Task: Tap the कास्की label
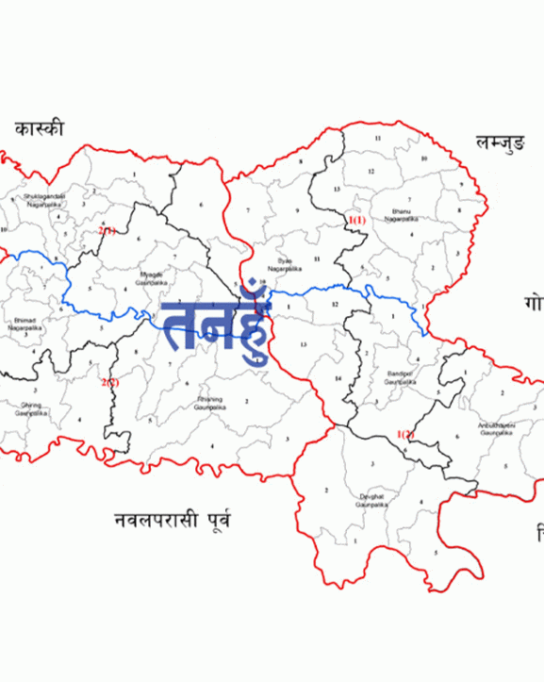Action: click(39, 128)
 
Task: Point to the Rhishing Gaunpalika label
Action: click(208, 403)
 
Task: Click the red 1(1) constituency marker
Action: click(356, 220)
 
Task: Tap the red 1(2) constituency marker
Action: click(406, 434)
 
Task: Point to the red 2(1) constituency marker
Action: click(107, 230)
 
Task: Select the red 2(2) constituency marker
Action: click(110, 382)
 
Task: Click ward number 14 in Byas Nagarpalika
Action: click(337, 378)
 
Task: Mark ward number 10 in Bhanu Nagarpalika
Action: click(424, 158)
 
